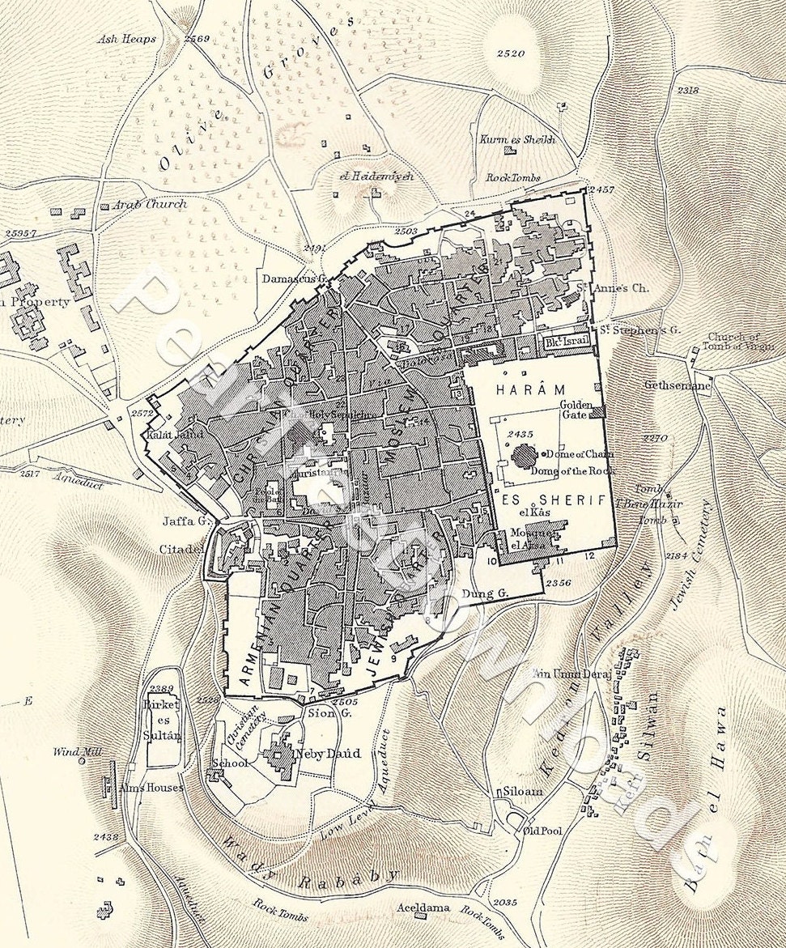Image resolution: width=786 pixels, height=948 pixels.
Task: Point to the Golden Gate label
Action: point(575,409)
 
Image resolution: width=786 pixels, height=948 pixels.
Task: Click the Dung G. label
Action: point(484,593)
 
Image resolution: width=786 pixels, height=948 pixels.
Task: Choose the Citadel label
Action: point(181,550)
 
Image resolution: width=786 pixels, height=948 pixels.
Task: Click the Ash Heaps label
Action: point(126,38)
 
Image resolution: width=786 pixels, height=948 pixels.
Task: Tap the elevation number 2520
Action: point(511,53)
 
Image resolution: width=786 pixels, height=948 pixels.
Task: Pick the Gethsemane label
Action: point(678,386)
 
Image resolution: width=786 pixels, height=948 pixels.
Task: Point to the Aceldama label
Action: point(423,908)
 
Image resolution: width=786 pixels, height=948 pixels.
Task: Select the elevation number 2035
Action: point(503,902)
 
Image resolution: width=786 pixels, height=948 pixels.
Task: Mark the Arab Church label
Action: point(149,205)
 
